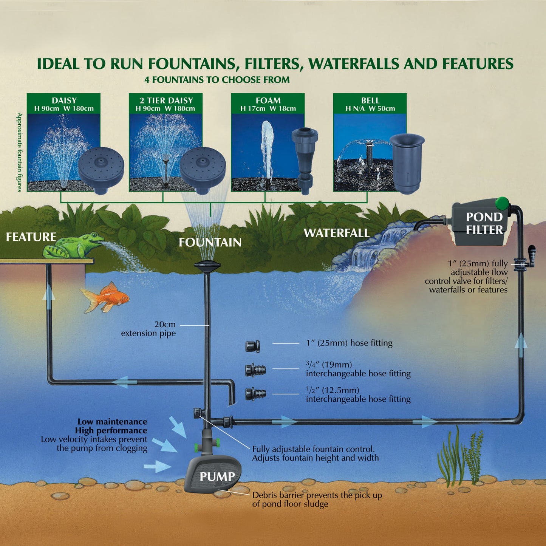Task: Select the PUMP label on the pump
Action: pos(217,476)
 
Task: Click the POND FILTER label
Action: pos(484,223)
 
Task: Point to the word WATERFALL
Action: pos(337,233)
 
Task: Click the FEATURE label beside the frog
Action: pos(31,237)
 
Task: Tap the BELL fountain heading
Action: pos(370,101)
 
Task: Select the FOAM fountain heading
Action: pos(268,101)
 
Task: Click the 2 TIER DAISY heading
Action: pos(166,101)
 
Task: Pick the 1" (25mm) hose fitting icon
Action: pos(252,346)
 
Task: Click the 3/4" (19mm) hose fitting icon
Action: pos(255,370)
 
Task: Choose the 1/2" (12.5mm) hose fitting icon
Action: pos(255,394)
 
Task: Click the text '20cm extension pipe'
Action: pos(148,329)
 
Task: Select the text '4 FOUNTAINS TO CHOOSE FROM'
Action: pos(217,80)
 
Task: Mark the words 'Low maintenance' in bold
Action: pos(113,422)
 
